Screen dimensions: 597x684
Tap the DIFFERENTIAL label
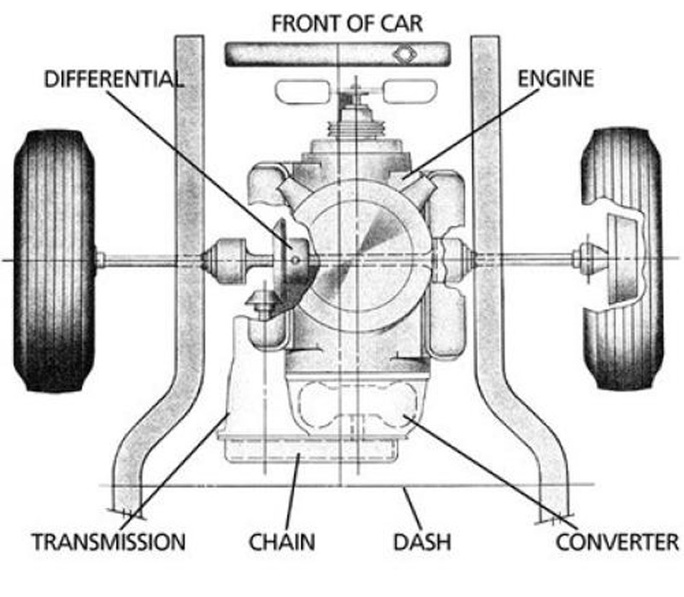tap(113, 80)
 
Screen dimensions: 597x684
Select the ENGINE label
tap(555, 80)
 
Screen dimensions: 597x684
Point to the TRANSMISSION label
tap(108, 541)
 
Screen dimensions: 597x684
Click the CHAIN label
tap(282, 541)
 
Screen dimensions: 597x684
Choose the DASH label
tap(422, 541)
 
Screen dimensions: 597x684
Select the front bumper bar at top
tap(337, 53)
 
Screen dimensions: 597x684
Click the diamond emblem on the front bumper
tap(402, 53)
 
